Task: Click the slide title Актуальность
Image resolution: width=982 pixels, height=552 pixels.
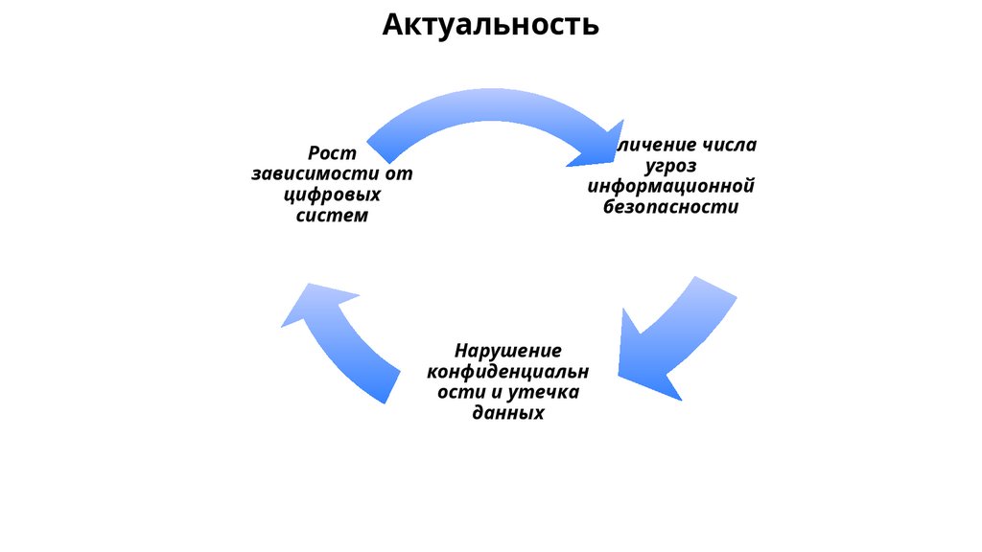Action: click(x=490, y=24)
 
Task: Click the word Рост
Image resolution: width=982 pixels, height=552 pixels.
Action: click(x=332, y=153)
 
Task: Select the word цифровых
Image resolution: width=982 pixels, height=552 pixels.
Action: click(x=332, y=195)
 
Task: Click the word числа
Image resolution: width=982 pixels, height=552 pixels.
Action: click(x=728, y=145)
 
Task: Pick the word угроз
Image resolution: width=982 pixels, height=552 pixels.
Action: click(x=670, y=166)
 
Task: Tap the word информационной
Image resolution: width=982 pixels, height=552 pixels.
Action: click(x=671, y=186)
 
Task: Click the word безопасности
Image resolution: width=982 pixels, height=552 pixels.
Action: click(x=671, y=207)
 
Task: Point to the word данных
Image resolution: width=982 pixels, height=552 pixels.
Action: click(x=508, y=413)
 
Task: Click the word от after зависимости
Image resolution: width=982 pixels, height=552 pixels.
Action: click(x=398, y=174)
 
